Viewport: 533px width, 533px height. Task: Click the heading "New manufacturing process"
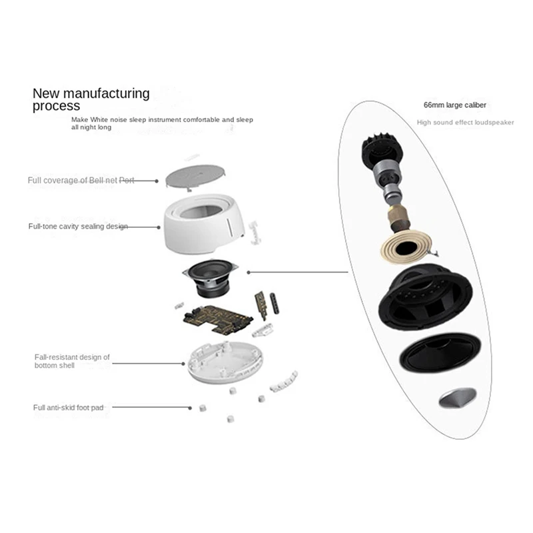pyautogui.click(x=91, y=99)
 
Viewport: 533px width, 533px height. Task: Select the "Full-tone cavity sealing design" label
pyautogui.click(x=77, y=227)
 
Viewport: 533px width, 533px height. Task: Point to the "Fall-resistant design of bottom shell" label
pyautogui.click(x=72, y=362)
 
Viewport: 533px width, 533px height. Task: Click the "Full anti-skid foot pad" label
pyautogui.click(x=69, y=407)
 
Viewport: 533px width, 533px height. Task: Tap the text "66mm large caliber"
pyautogui.click(x=455, y=105)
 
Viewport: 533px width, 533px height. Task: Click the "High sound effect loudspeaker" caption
pyautogui.click(x=465, y=123)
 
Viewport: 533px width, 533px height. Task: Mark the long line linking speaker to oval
pyautogui.click(x=300, y=272)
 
